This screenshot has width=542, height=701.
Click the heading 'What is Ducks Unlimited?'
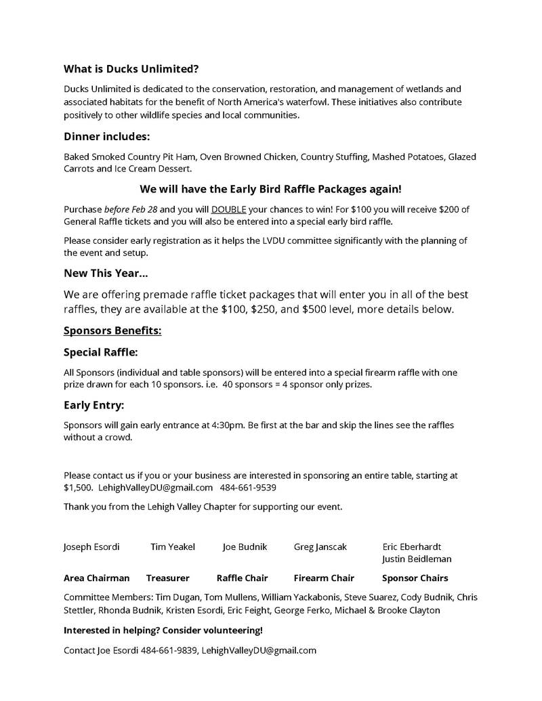pos(131,69)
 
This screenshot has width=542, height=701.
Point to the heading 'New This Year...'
pos(106,273)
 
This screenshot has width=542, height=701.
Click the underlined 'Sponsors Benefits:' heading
pos(112,331)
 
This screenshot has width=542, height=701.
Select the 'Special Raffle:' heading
pos(100,352)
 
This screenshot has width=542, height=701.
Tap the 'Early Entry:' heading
pos(94,405)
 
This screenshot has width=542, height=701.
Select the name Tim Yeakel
pos(173,547)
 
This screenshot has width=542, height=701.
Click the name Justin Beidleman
pos(417,559)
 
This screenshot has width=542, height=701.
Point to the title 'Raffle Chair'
pos(242,578)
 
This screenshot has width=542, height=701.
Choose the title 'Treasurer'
pos(167,578)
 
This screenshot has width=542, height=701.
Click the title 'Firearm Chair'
pos(324,578)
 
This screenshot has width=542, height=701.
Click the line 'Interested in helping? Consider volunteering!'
pos(163,631)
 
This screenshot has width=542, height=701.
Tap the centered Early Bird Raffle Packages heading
pos(270,189)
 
